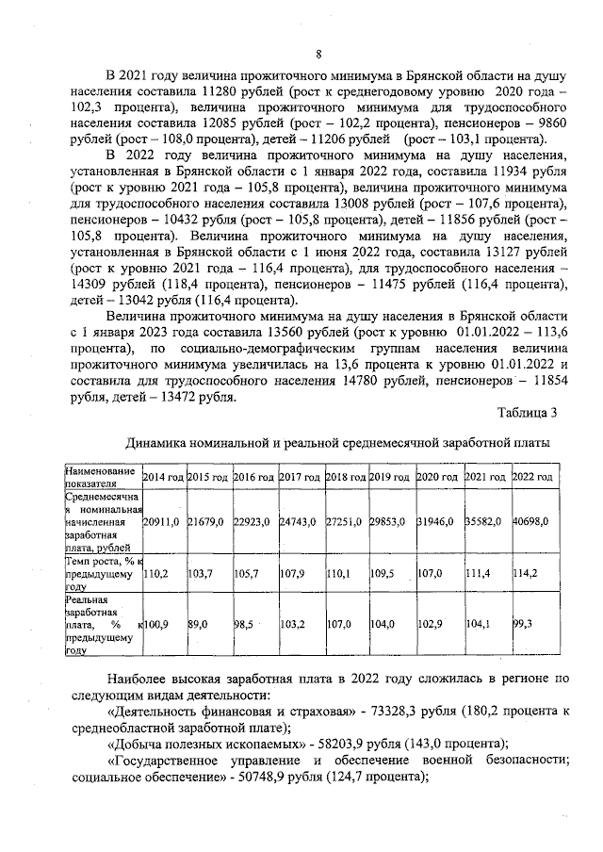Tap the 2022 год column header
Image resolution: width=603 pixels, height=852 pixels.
[532, 478]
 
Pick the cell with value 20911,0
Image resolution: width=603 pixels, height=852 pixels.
[162, 521]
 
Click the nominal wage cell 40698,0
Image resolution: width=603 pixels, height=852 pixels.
[531, 521]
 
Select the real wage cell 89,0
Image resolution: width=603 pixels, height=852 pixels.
[198, 623]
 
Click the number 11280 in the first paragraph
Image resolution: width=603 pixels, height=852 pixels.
[220, 93]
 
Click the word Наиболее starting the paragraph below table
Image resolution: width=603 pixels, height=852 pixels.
[142, 677]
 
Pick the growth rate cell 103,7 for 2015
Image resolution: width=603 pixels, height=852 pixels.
[201, 571]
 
